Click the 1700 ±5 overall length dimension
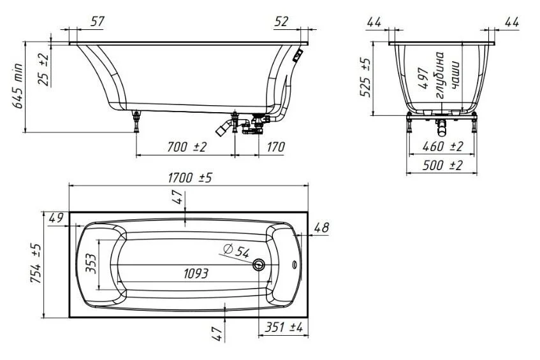coord(190,178)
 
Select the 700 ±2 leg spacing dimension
coord(186,147)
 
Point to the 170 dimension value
coord(276,147)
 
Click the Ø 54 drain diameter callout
coord(236,251)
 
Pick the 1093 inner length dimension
coord(196,273)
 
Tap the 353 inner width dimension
coord(91,263)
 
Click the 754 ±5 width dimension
coord(36,263)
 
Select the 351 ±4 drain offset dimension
coord(284,328)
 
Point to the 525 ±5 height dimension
coord(365,78)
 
